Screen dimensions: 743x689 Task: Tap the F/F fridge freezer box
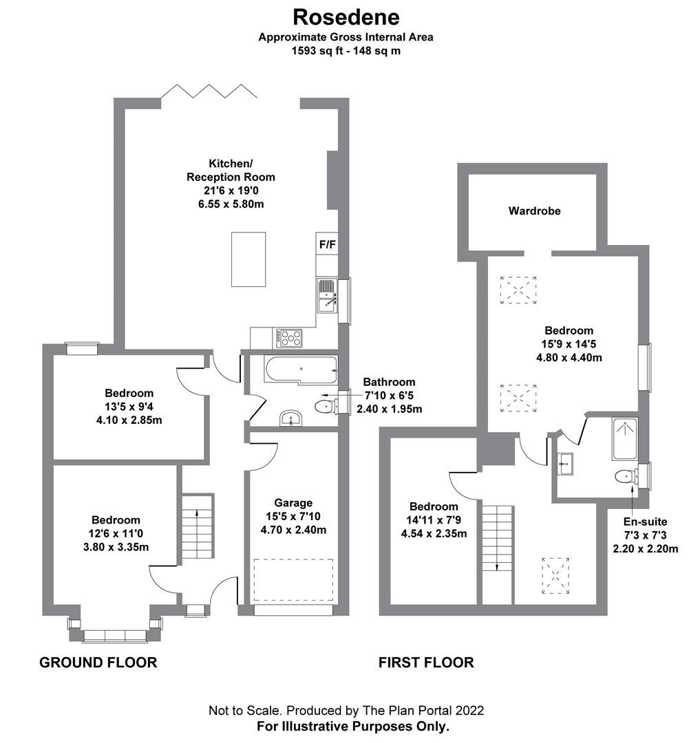point(328,244)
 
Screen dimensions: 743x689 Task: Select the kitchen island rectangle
point(248,259)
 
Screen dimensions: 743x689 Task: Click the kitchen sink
point(327,295)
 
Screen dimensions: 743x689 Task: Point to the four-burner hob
point(289,337)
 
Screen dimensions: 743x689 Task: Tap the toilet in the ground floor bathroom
point(325,407)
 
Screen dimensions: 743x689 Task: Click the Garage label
point(293,503)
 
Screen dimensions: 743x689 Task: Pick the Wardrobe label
point(534,211)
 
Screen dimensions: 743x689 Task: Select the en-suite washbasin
point(566,465)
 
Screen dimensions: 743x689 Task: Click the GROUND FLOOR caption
point(98,663)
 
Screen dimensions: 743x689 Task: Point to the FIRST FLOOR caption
point(426,663)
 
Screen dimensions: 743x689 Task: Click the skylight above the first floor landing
point(555,574)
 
